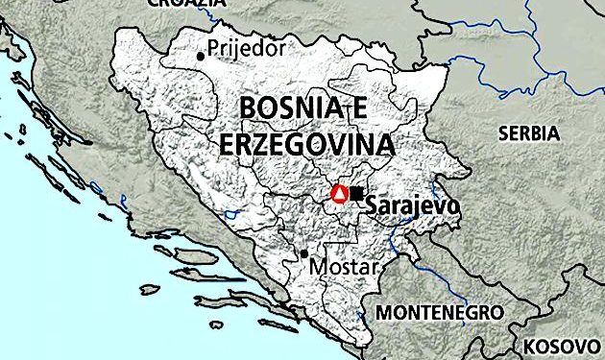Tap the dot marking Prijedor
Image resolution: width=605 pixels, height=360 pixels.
(x=201, y=56)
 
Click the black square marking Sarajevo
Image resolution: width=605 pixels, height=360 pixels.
(x=357, y=194)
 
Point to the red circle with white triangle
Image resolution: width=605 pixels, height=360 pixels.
(x=339, y=194)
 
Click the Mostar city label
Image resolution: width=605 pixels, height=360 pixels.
(x=339, y=267)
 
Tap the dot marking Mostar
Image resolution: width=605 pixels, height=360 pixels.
(x=304, y=254)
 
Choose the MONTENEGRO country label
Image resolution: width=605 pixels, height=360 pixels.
(x=439, y=313)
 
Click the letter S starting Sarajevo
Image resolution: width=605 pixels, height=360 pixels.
(x=373, y=206)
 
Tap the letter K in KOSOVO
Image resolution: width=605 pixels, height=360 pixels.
(x=530, y=345)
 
